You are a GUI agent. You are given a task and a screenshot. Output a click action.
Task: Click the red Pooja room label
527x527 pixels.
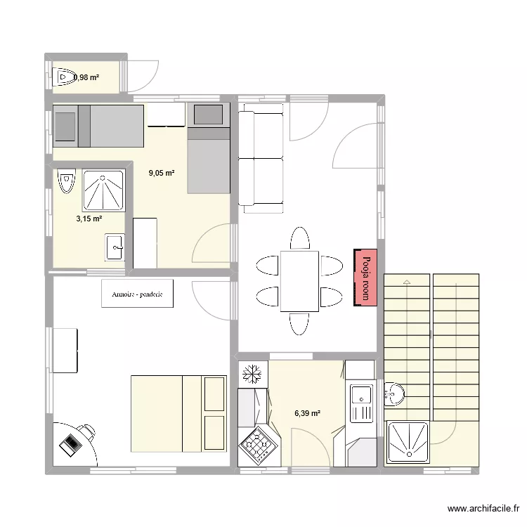coord(366,277)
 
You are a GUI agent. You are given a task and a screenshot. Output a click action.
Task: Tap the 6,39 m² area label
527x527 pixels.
coord(307,414)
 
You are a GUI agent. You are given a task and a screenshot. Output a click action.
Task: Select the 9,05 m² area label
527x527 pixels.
coord(162,172)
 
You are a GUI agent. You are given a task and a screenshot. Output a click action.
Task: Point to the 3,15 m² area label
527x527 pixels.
coord(89,219)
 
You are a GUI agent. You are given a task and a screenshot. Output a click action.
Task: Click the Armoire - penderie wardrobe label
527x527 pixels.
coord(137,295)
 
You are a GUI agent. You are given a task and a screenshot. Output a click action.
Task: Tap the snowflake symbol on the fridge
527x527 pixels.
coord(251,374)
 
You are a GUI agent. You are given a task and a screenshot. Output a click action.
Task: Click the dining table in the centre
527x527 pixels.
coord(299,280)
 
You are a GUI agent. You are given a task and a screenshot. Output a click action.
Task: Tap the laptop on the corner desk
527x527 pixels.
coord(72,444)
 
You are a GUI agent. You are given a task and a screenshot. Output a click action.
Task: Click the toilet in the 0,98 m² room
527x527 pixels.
coord(65,76)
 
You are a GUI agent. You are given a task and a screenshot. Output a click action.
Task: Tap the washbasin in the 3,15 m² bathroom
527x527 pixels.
coord(115,246)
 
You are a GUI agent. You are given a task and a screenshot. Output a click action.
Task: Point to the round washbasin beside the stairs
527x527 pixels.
coord(393,396)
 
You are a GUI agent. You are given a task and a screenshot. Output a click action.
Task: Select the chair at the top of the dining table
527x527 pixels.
coord(299,238)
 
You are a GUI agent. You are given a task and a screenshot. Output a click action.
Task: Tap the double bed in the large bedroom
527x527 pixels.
coord(178,414)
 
